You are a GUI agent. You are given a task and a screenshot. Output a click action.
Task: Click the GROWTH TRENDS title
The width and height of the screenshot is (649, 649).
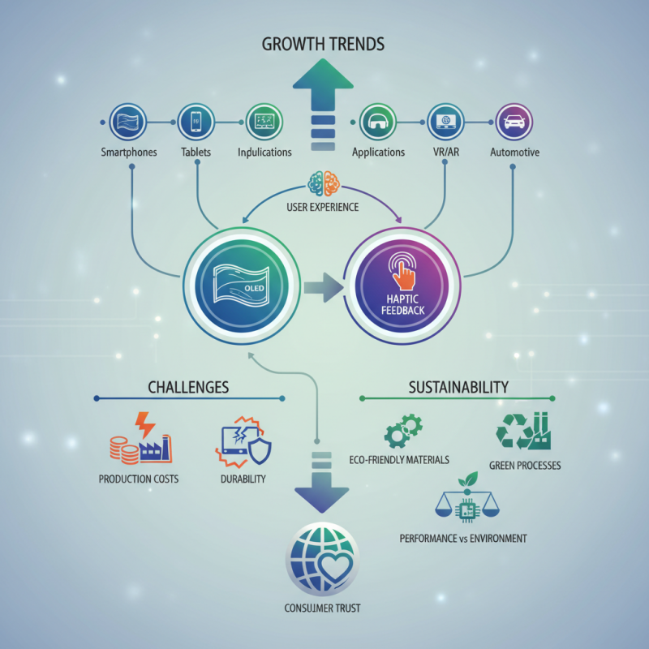point(324,44)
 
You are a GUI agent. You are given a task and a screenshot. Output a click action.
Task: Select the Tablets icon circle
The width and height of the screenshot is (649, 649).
point(195,122)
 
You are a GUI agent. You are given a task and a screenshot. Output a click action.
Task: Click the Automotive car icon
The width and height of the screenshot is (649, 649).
point(513,122)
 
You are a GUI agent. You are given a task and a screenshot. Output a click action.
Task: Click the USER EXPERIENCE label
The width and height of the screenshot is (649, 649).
point(324,208)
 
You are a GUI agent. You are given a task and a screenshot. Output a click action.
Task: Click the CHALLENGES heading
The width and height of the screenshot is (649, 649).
point(188,386)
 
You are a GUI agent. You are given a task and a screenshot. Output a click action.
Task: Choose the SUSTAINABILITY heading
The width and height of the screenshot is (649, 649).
point(459,386)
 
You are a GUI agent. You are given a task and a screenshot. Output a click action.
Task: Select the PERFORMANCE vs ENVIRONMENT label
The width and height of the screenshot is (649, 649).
point(463,538)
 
